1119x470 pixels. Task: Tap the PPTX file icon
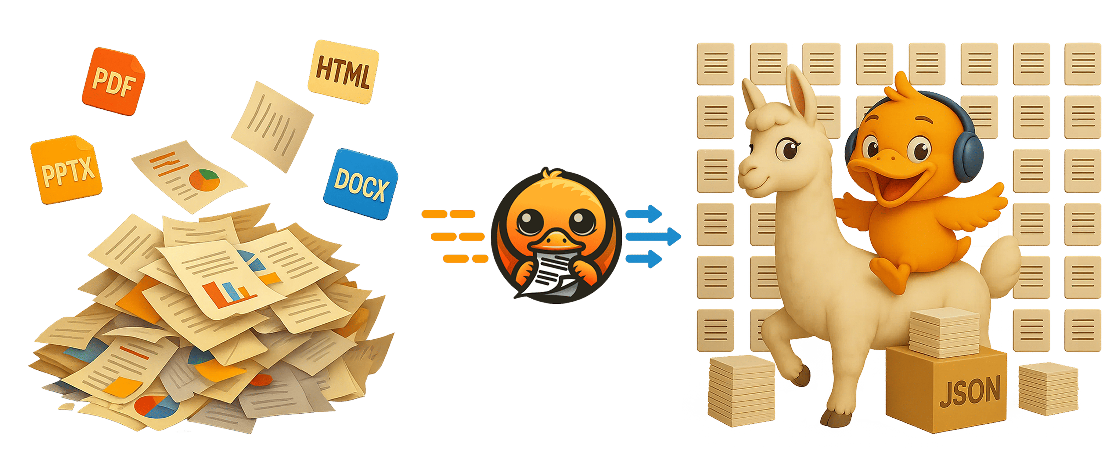[x=66, y=169]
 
